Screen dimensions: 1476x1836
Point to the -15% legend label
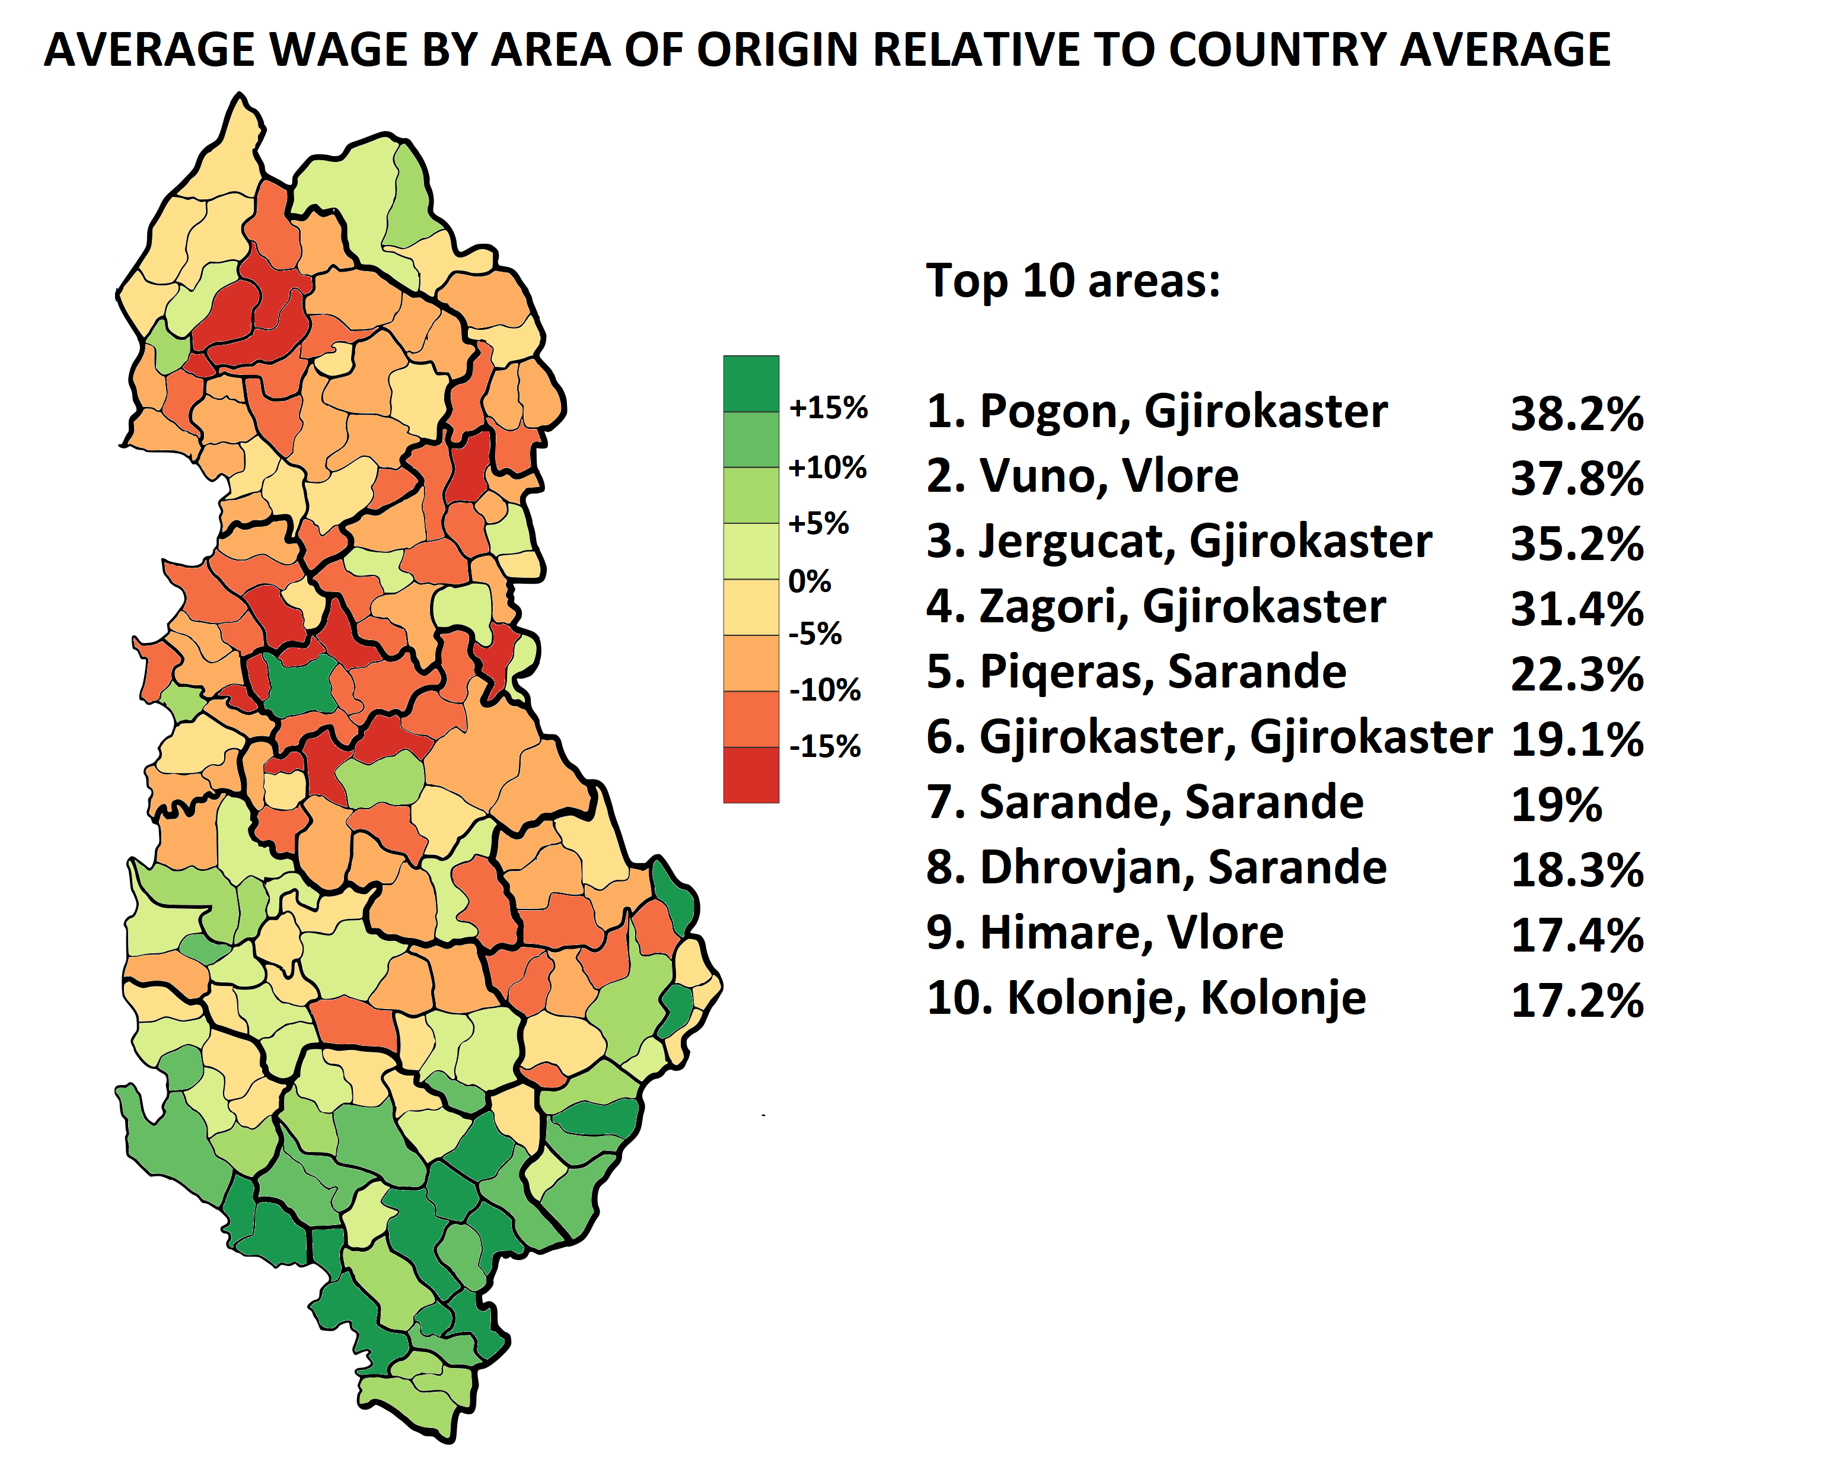click(x=824, y=746)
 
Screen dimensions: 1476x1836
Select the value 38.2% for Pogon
click(x=1576, y=414)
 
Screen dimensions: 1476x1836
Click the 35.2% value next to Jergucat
click(x=1576, y=544)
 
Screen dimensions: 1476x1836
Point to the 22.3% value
click(x=1576, y=675)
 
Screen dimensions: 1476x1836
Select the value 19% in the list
click(x=1556, y=805)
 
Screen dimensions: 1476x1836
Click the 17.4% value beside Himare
click(x=1576, y=935)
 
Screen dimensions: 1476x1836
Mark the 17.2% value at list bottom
click(x=1576, y=1001)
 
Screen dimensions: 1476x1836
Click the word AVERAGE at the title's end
click(x=1505, y=49)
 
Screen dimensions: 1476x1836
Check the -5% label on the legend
click(x=814, y=634)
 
